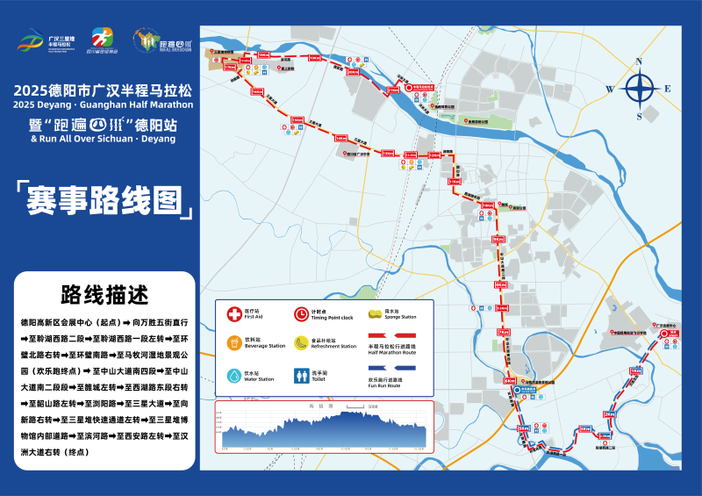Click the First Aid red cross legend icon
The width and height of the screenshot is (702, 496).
pyautogui.click(x=234, y=313)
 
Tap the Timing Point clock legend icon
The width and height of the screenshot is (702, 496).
pyautogui.click(x=299, y=313)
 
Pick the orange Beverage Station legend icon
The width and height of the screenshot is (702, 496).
pyautogui.click(x=234, y=342)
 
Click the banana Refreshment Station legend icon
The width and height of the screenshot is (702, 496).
pyautogui.click(x=299, y=342)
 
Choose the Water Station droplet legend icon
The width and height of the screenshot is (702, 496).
pyautogui.click(x=234, y=375)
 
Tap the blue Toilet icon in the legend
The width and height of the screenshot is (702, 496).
pyautogui.click(x=299, y=375)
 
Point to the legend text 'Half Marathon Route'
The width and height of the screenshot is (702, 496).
pyautogui.click(x=392, y=353)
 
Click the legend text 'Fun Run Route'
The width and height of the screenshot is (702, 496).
pyautogui.click(x=387, y=385)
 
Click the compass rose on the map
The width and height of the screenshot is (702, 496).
pyautogui.click(x=640, y=88)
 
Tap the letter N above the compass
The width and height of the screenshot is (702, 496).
pyautogui.click(x=640, y=61)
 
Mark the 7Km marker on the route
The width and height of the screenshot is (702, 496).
pyautogui.click(x=503, y=333)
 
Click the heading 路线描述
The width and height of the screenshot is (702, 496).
pyautogui.click(x=104, y=293)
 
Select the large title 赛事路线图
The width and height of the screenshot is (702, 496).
pyautogui.click(x=104, y=200)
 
